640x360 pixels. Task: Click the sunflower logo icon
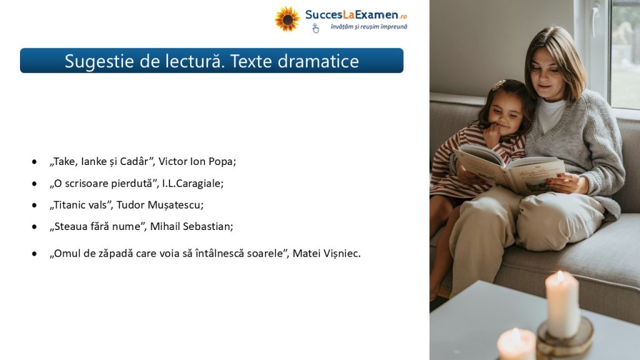287,19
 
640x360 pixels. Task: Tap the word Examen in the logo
376,15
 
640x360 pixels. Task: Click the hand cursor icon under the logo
315,28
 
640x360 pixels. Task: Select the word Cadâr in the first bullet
137,161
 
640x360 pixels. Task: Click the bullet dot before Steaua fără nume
34,227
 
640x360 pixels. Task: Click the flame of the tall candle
561,276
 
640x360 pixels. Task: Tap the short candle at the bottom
516,344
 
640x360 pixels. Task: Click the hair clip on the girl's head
498,84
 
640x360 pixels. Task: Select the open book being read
509,169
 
